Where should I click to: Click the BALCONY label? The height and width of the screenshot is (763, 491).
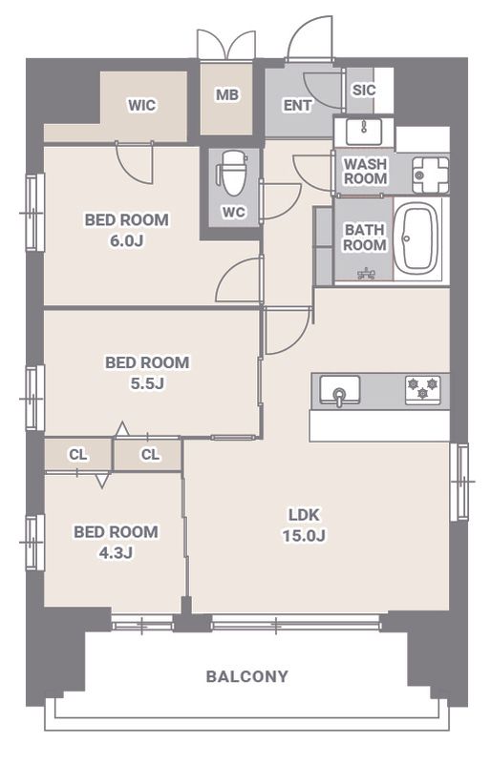pos(246,676)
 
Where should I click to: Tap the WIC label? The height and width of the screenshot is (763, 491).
pos(142,105)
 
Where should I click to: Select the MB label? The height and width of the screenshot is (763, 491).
pos(227,94)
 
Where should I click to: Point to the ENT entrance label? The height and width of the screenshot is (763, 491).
pos(297,105)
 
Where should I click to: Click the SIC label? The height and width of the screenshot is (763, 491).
pos(364,90)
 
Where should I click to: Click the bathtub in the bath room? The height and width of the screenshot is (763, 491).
pos(415,240)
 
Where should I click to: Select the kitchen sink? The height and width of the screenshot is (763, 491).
pos(340,390)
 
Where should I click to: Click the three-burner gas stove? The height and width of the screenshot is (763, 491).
pos(423,390)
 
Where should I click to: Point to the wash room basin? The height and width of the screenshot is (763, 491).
pos(364,132)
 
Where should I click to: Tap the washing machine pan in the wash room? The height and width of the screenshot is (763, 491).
pos(431,175)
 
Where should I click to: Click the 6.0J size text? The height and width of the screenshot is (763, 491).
pos(126,241)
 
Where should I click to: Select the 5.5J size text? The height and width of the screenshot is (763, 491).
pos(147,384)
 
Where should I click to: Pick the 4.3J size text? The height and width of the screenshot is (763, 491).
pos(116,553)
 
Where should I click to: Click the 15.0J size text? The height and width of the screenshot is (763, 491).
pos(304,536)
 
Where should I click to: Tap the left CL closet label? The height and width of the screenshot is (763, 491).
pos(78,455)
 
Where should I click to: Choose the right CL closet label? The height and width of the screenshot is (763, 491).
pos(150,455)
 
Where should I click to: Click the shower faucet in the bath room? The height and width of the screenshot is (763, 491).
pos(366,274)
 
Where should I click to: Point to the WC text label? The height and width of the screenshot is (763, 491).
pos(233,213)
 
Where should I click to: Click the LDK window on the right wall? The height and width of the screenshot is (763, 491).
pos(459,482)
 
